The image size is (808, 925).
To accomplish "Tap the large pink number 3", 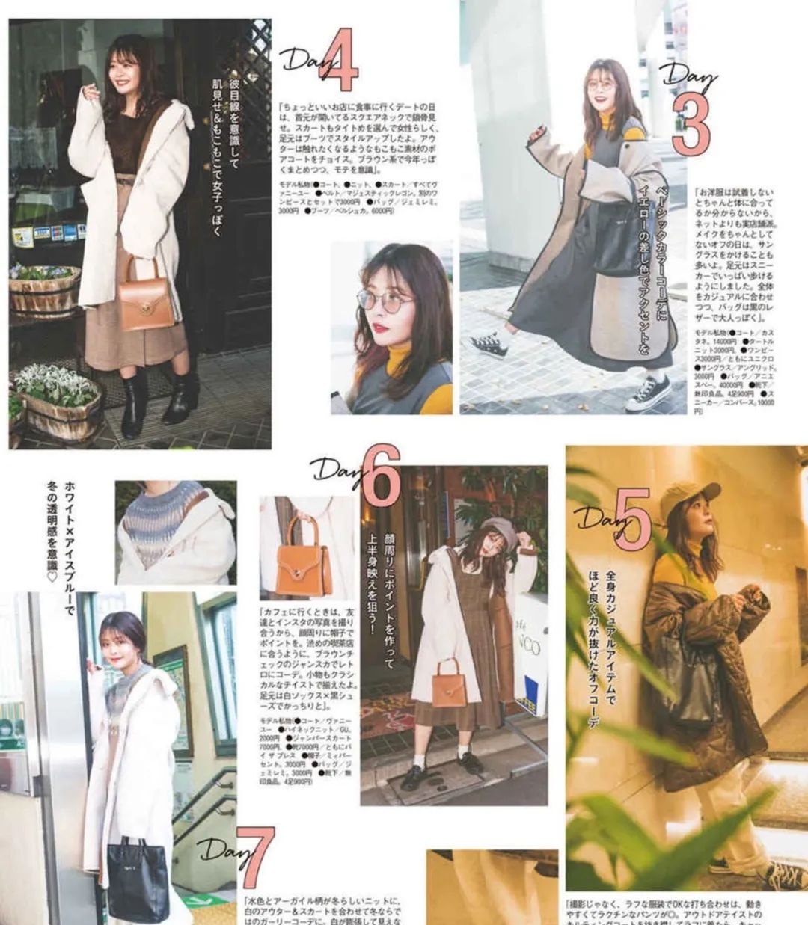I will click(689, 124).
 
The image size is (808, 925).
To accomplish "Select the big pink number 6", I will click(381, 476).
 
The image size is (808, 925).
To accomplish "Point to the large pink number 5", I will click(631, 521).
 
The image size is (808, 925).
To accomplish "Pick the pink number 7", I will click(254, 857).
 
